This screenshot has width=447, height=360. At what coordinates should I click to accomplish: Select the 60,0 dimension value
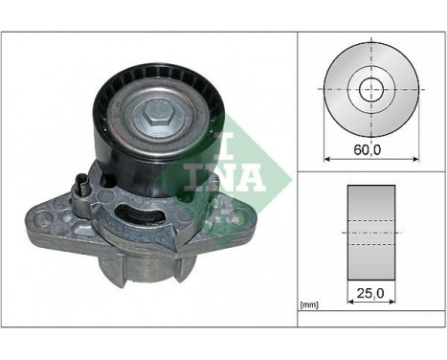tap(367, 150)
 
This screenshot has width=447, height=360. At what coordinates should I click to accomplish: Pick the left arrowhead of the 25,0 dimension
tap(348, 301)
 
